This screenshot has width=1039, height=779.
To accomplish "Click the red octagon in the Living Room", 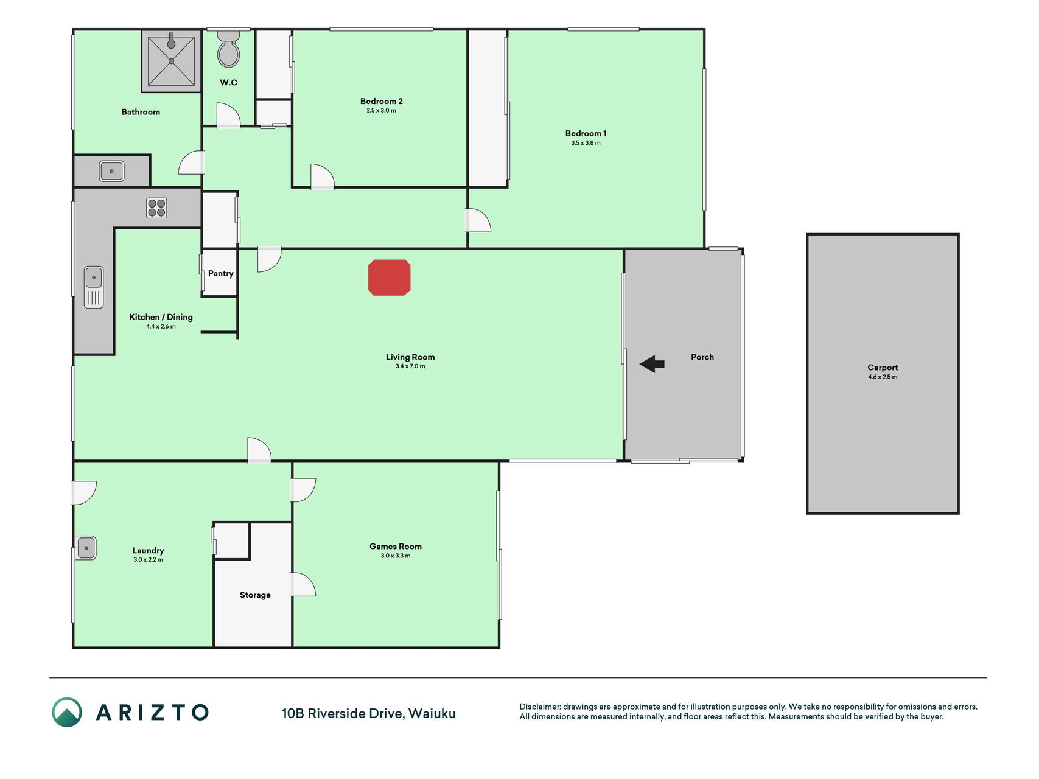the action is click(390, 278).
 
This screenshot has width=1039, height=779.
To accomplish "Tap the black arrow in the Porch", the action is click(652, 364).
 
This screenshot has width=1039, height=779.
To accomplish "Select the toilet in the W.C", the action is click(229, 49).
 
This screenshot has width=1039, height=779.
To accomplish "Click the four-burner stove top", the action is click(156, 208).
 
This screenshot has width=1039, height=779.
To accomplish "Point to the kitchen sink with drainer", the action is click(94, 287).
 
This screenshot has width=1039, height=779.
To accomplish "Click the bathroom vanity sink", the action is click(112, 171).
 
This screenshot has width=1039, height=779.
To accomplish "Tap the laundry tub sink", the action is click(86, 548).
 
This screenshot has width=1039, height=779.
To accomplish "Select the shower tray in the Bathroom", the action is click(172, 61).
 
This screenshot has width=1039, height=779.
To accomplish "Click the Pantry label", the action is click(220, 274).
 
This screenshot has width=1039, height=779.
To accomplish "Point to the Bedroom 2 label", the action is click(382, 102).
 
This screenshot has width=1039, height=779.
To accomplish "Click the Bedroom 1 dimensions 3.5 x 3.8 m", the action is click(586, 143).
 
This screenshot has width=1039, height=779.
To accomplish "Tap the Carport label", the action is click(883, 368).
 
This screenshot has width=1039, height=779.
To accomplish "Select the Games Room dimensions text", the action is click(396, 556).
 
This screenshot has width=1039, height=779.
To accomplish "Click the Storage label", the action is click(255, 595).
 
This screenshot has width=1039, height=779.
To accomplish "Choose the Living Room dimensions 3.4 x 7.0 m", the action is click(410, 366).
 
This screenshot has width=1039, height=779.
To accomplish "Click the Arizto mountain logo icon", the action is click(67, 712).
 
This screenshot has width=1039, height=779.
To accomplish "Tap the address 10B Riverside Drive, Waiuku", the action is click(369, 714).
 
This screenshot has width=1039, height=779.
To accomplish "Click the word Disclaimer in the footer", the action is click(540, 707).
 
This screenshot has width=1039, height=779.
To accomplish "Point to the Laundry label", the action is click(148, 551).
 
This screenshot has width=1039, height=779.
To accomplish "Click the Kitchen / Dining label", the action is click(161, 317).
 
